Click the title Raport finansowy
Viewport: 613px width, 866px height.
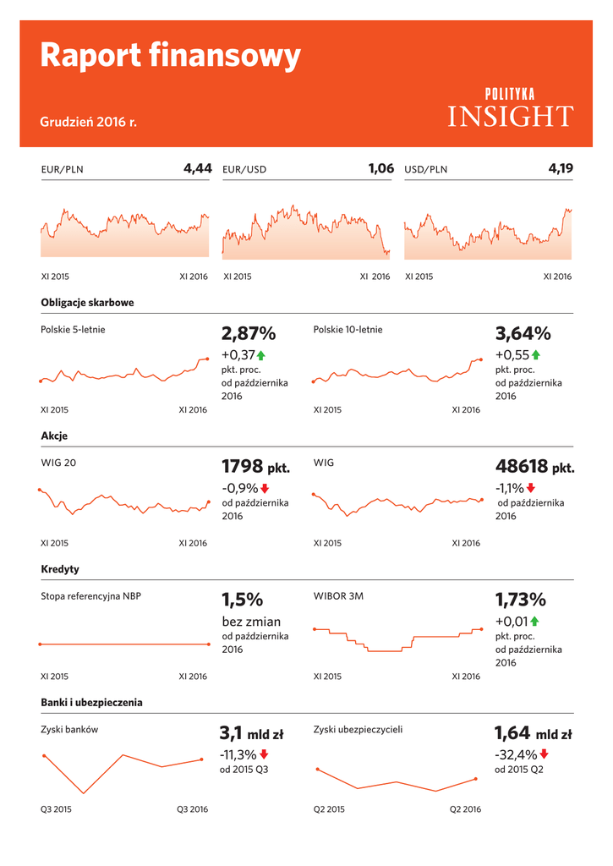coord(170,57)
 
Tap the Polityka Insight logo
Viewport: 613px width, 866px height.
coord(510,108)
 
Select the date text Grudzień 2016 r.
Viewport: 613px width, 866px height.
coord(88,123)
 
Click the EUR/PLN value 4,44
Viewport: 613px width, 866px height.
coord(198,168)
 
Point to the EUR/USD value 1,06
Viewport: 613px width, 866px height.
coord(381,168)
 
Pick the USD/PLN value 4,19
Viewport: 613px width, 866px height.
coord(561,168)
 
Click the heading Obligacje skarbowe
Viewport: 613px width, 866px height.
coord(87,302)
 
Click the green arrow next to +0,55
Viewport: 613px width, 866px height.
coord(536,355)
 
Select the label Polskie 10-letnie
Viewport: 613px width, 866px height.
coord(348,329)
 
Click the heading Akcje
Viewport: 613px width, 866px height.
coord(54,436)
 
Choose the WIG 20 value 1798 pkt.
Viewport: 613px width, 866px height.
coord(255,467)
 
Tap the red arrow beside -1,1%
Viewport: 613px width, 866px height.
coord(531,488)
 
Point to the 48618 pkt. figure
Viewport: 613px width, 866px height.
coord(534,467)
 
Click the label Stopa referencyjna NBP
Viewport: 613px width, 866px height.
coord(91,596)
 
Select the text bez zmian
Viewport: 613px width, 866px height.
coord(251,622)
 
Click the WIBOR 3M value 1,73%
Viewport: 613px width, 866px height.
coord(521,600)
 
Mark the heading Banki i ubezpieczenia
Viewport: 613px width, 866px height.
coord(91,702)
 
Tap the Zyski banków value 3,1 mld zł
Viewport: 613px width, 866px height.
coord(251,733)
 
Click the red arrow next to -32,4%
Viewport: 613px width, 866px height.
coord(545,754)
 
